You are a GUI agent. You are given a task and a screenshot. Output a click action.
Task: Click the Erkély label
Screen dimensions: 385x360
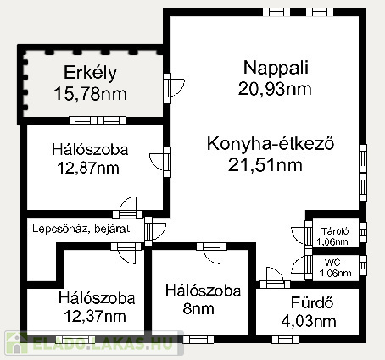[90, 73]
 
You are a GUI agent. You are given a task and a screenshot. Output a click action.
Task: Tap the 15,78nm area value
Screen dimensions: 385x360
[90, 94]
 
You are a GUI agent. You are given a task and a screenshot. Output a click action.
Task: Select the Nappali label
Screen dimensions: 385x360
[276, 68]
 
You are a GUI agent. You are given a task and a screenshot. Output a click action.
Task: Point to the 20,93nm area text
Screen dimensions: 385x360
[275, 89]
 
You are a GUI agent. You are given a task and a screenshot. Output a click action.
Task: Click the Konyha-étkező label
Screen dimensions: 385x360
[271, 143]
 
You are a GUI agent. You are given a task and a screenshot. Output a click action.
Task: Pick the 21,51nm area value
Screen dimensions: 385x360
[265, 165]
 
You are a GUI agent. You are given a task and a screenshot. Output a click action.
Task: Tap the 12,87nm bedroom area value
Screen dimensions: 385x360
[88, 169]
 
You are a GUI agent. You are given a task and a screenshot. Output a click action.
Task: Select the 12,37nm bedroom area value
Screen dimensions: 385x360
[95, 317]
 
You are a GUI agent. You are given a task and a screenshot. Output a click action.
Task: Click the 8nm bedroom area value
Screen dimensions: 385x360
[198, 309]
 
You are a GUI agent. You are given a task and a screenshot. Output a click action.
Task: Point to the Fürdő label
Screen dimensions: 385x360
[312, 303]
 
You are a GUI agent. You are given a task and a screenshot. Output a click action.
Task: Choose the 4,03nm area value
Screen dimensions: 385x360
[309, 321]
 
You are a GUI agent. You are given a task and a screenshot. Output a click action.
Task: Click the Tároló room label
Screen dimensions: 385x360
[335, 231]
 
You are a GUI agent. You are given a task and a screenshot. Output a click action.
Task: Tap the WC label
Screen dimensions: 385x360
[332, 263]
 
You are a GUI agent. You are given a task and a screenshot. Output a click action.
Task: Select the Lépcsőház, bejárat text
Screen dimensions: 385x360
[81, 229]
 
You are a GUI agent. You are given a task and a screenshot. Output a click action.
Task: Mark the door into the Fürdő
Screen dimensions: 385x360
[275, 278]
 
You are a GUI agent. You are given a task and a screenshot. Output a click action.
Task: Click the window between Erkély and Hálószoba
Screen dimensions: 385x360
[98, 120]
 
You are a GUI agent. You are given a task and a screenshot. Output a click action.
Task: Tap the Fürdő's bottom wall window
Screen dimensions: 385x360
[285, 340]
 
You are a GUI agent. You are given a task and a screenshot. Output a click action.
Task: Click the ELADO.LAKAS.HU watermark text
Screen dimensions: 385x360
[103, 343]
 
